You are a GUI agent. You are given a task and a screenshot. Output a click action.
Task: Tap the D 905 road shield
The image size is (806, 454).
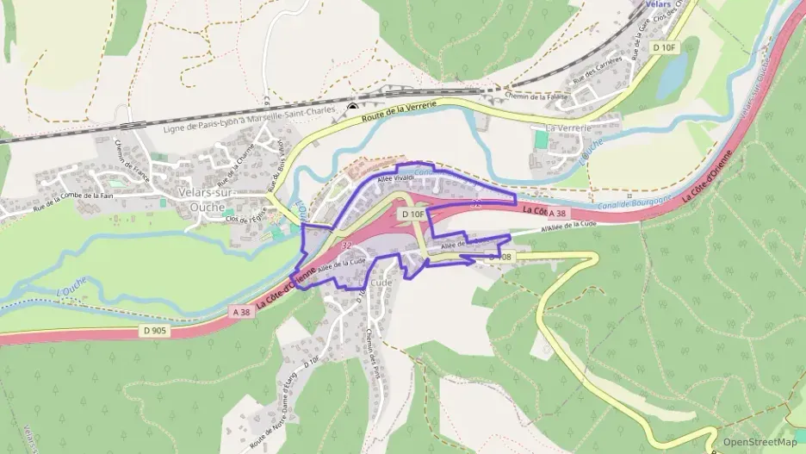pos(154,330)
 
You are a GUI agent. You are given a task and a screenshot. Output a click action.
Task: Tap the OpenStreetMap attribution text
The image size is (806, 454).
pos(759,442)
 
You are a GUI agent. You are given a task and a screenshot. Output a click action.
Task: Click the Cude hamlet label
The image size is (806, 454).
pos(381,283)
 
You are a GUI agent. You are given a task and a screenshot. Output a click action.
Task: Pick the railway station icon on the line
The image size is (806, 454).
pos(351,107)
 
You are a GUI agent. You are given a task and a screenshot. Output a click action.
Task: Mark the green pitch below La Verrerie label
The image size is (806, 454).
pos(540,139)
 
